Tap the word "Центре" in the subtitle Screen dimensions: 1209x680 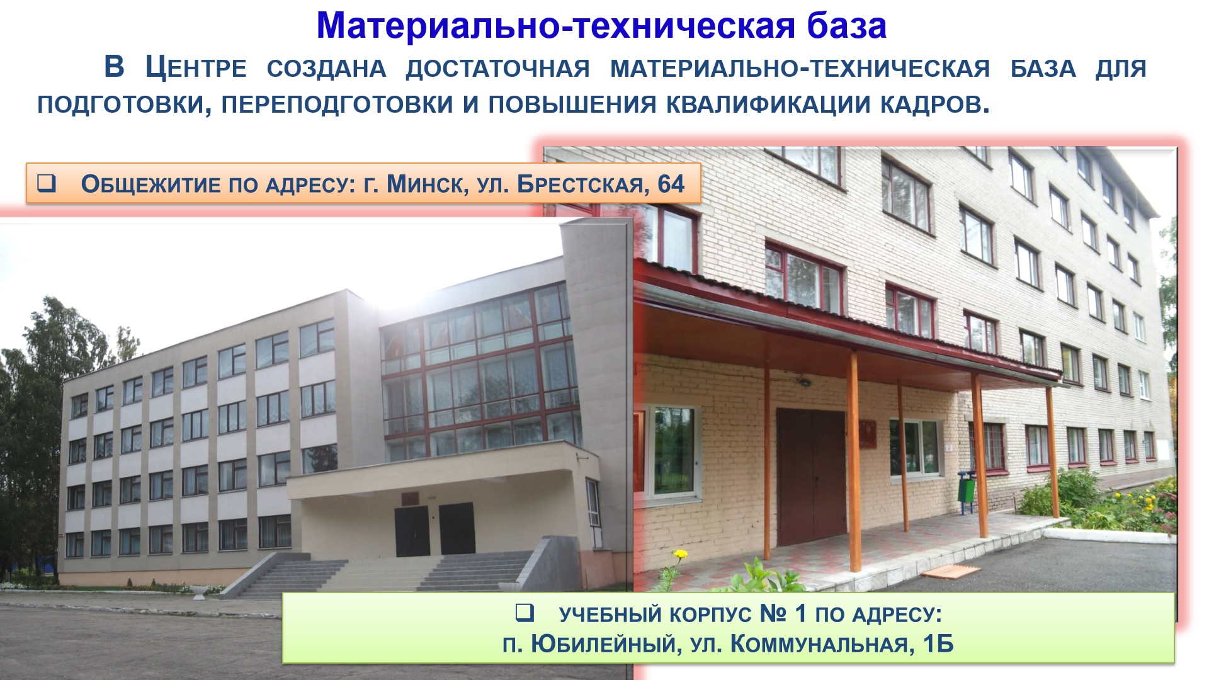pyautogui.click(x=196, y=67)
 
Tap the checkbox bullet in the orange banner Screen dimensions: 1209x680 pyautogui.click(x=47, y=183)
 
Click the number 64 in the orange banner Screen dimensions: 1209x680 pyautogui.click(x=671, y=184)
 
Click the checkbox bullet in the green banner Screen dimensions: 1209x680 pyautogui.click(x=524, y=612)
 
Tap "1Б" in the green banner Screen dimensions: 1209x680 pyautogui.click(x=938, y=644)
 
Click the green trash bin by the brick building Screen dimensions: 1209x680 pyautogui.click(x=966, y=491)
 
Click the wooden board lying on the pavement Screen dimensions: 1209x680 pyautogui.click(x=951, y=572)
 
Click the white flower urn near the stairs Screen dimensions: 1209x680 pyautogui.click(x=199, y=592)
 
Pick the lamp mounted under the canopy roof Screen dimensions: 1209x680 pyautogui.click(x=804, y=382)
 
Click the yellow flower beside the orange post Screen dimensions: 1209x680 pyautogui.click(x=680, y=555)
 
